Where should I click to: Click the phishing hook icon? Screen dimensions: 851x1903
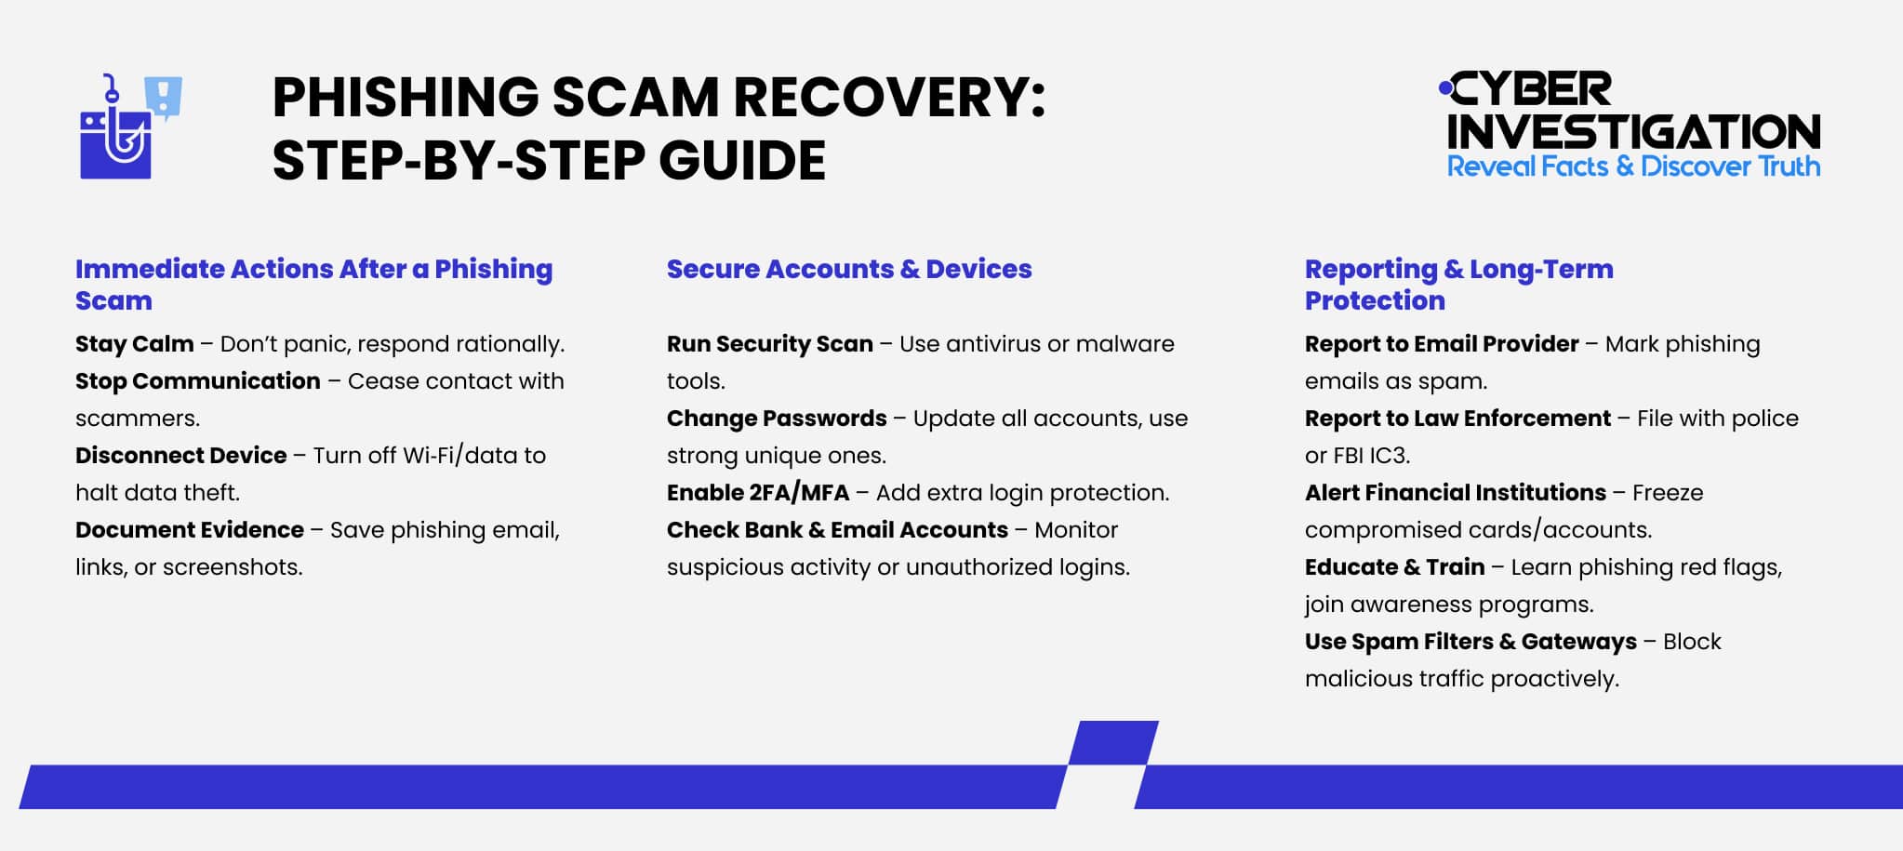point(116,135)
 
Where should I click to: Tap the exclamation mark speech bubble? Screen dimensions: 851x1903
point(164,97)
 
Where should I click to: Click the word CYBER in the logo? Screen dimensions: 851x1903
point(1531,90)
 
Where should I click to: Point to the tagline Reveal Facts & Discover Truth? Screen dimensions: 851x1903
point(1633,166)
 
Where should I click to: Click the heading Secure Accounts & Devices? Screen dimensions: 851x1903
point(848,269)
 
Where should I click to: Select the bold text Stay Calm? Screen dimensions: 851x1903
point(134,344)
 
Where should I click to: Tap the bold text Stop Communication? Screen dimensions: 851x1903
point(197,381)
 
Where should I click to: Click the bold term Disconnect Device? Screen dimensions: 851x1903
point(180,456)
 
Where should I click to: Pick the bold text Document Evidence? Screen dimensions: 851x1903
point(189,530)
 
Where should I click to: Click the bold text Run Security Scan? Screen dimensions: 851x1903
point(769,344)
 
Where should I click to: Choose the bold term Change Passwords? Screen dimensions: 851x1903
point(776,419)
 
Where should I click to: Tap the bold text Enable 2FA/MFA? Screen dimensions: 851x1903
point(757,493)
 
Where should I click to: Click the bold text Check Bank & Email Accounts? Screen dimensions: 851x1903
point(836,530)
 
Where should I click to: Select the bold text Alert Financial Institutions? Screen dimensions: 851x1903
point(1455,493)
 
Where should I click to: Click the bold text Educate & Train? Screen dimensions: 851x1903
point(1393,567)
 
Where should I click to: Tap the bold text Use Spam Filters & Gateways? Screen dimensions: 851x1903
point(1470,642)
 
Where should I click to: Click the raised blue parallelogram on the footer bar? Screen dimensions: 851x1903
point(1112,743)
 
